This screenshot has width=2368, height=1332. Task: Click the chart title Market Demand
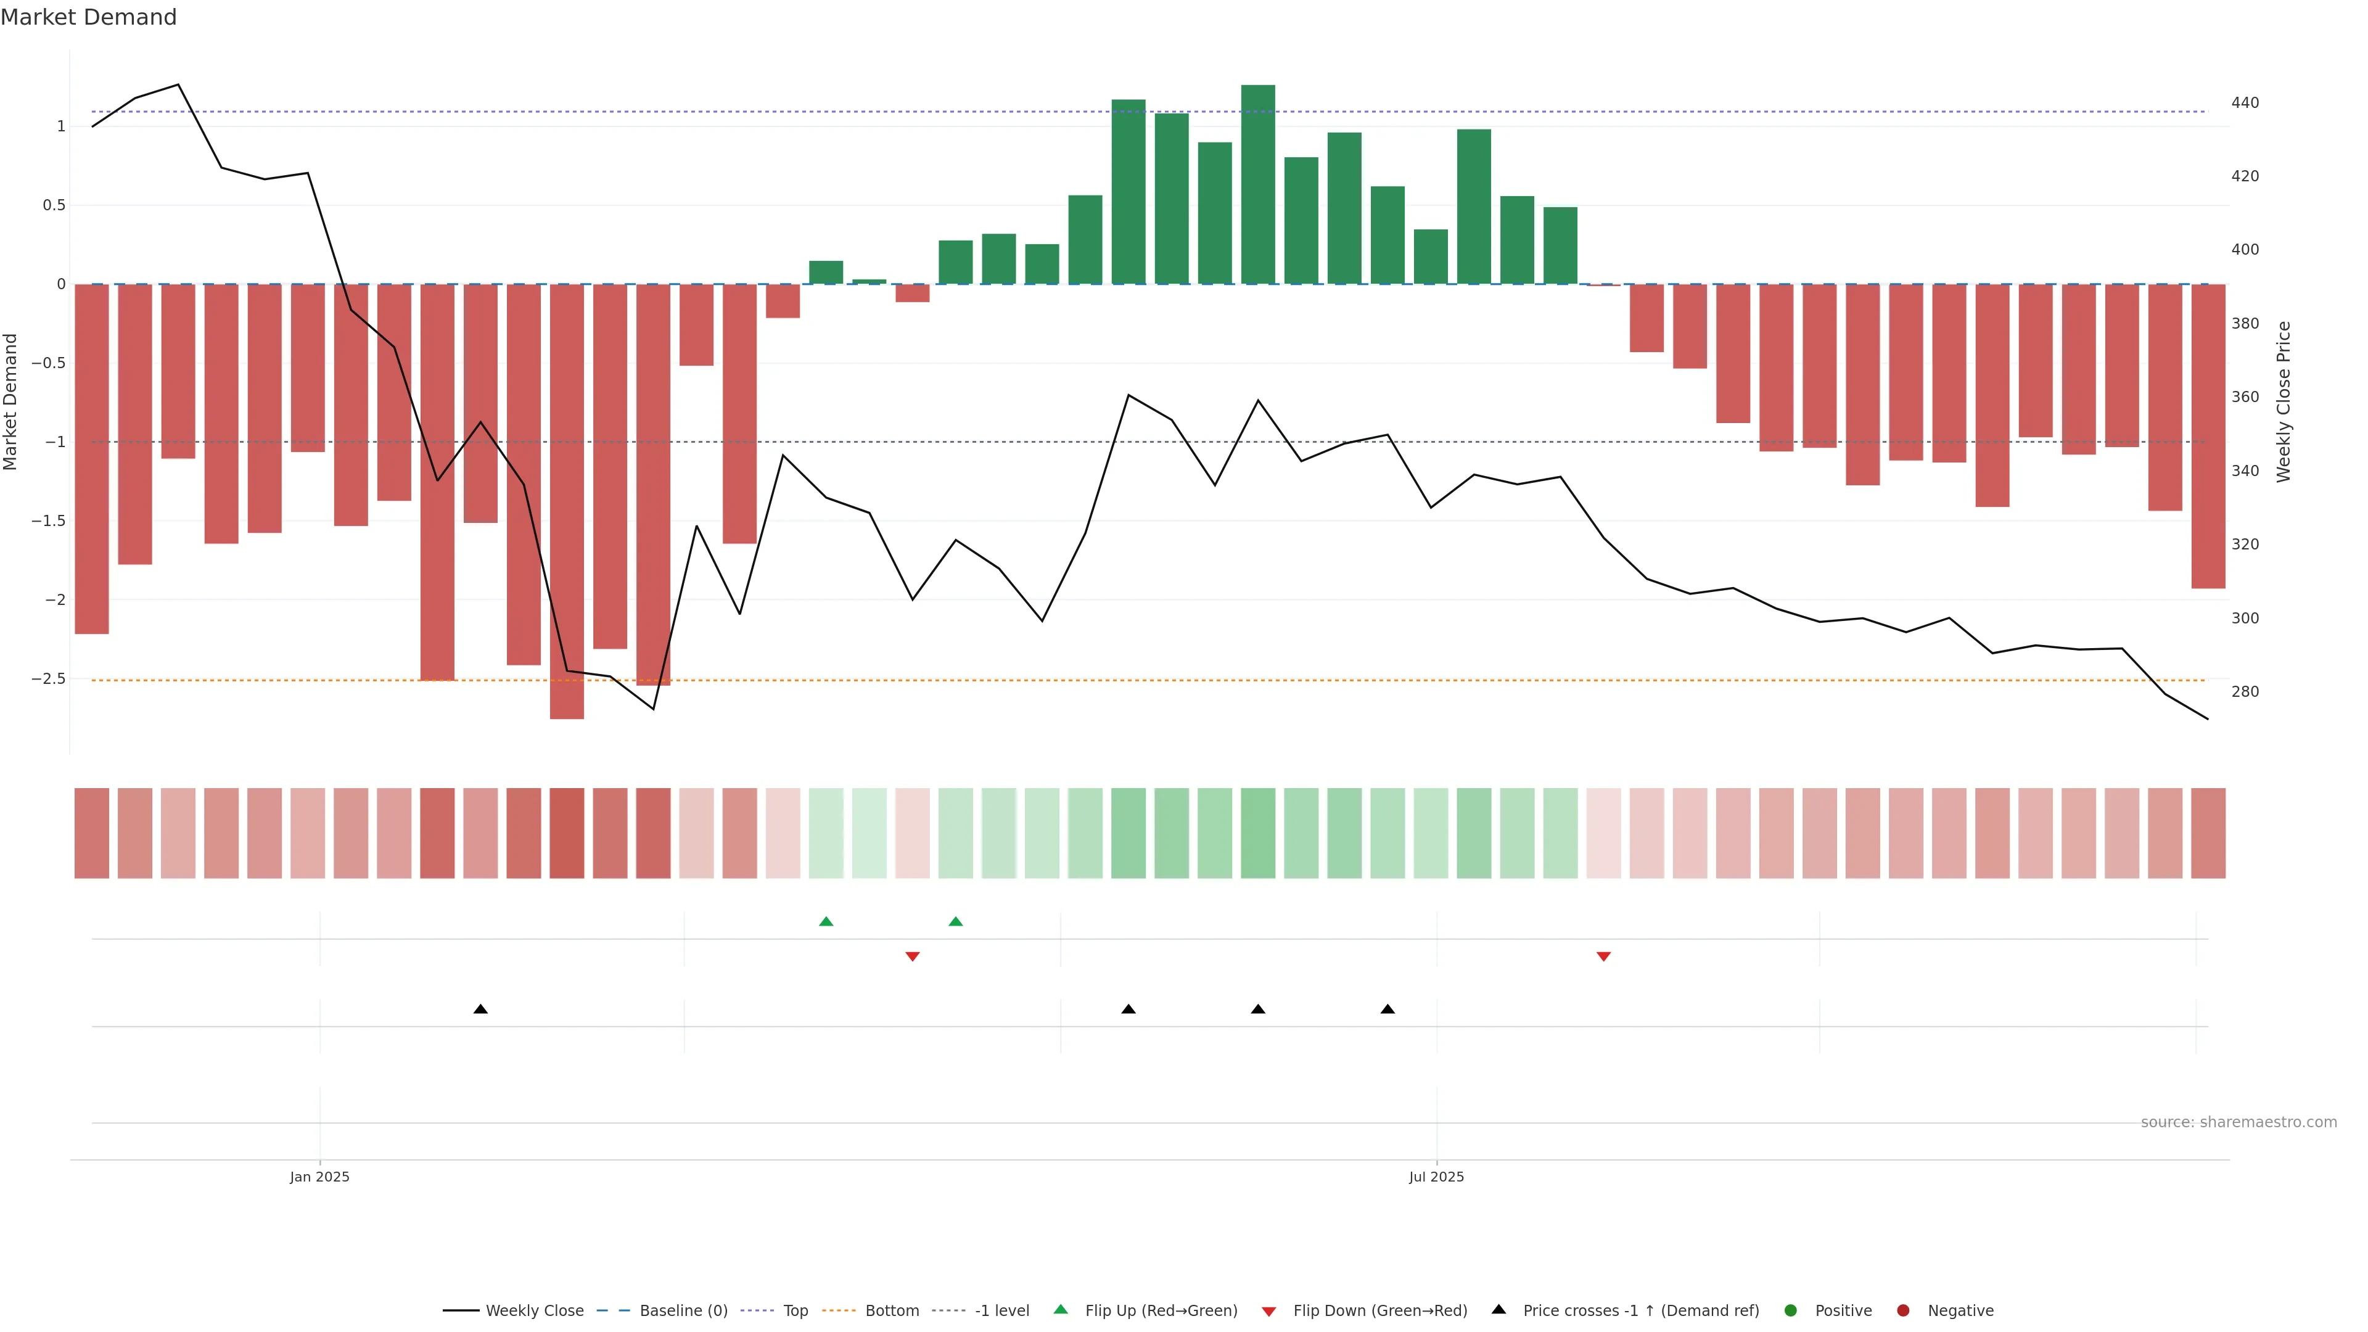click(x=88, y=17)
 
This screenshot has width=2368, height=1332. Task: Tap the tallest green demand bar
click(x=1257, y=184)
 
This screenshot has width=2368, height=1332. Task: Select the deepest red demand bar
click(x=566, y=501)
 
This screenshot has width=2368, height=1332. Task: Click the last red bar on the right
click(x=2208, y=436)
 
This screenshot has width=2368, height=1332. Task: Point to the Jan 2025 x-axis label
click(x=319, y=1177)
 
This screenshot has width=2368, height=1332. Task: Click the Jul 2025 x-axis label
click(x=1436, y=1177)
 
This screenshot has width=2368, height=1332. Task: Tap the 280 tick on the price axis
click(x=2244, y=692)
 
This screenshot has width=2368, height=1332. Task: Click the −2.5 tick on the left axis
click(x=49, y=678)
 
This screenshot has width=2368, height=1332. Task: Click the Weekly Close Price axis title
click(x=2284, y=401)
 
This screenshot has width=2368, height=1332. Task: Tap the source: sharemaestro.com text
click(x=2238, y=1122)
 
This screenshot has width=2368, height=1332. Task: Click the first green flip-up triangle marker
click(x=826, y=921)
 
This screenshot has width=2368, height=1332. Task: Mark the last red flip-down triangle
click(x=1603, y=957)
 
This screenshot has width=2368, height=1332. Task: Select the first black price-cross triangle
click(x=480, y=1009)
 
